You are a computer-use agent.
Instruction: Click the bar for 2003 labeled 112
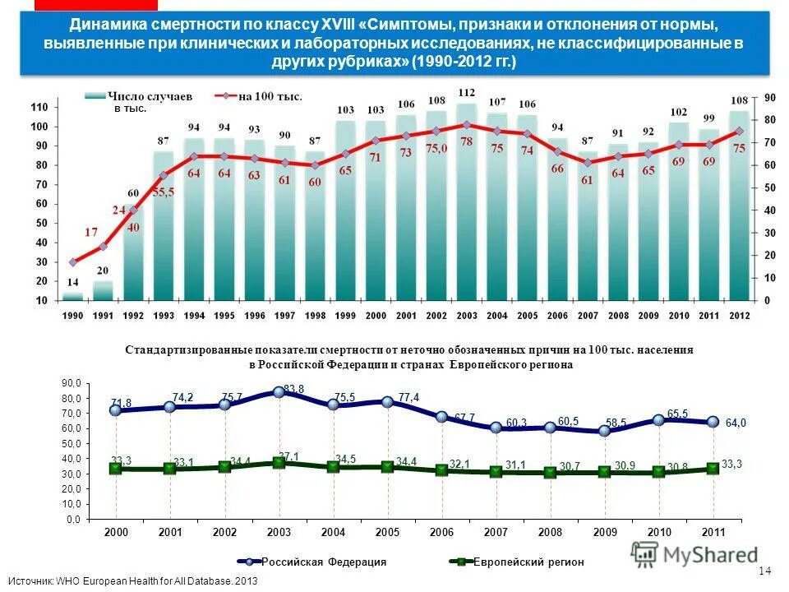coord(466,206)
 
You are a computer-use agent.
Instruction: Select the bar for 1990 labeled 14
coord(73,296)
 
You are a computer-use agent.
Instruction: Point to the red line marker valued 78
coord(466,125)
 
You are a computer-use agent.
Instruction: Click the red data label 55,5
coord(164,191)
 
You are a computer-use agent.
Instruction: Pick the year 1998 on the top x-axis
coord(315,316)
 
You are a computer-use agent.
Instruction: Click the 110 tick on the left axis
coord(39,108)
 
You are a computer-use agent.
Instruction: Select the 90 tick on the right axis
coord(769,97)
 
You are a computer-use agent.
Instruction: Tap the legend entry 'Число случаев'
coord(139,96)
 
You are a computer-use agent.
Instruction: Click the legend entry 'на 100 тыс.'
coord(270,96)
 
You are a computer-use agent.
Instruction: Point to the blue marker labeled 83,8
coord(279,392)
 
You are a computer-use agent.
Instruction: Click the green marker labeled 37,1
coord(279,463)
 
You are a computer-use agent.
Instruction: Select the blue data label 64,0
coord(736,423)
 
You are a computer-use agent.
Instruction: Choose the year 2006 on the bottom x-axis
coord(441,533)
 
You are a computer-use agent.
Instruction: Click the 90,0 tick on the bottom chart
coord(72,384)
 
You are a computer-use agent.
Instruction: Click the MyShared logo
coord(694,555)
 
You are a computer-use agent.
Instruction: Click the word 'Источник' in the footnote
coord(30,581)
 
